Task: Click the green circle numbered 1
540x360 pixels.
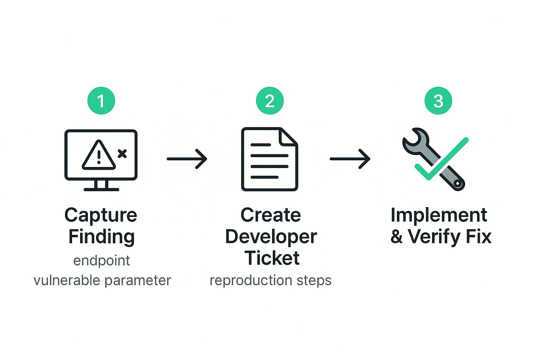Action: pyautogui.click(x=101, y=101)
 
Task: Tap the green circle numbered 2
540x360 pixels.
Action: pyautogui.click(x=270, y=101)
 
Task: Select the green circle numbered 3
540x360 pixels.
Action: pyautogui.click(x=438, y=101)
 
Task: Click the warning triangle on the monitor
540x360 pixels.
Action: pyautogui.click(x=99, y=155)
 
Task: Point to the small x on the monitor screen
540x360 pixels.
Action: pyautogui.click(x=122, y=154)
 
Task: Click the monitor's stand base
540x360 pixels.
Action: pyautogui.click(x=101, y=189)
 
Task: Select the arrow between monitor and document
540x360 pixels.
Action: pyautogui.click(x=187, y=159)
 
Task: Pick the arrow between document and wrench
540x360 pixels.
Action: pyautogui.click(x=350, y=159)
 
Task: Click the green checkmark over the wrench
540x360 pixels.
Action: pyautogui.click(x=442, y=159)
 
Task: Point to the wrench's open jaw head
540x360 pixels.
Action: pyautogui.click(x=415, y=140)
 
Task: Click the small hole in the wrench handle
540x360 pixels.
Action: pyautogui.click(x=457, y=184)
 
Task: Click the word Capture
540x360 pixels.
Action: pyautogui.click(x=101, y=215)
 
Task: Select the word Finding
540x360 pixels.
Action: pyautogui.click(x=101, y=237)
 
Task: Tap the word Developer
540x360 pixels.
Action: pyautogui.click(x=271, y=237)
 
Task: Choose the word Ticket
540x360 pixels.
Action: pyautogui.click(x=272, y=258)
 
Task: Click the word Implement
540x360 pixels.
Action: pyautogui.click(x=439, y=215)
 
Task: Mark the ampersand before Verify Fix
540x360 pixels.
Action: pyautogui.click(x=396, y=237)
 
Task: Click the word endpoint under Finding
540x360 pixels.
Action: pyautogui.click(x=102, y=261)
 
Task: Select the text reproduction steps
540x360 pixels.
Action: pyautogui.click(x=270, y=281)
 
